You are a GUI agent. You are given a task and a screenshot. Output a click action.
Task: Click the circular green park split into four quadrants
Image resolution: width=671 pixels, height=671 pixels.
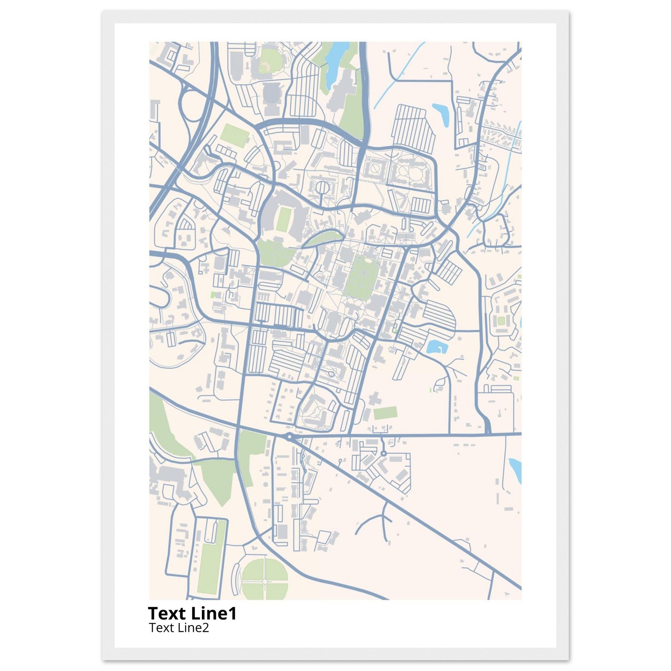pos(265,581)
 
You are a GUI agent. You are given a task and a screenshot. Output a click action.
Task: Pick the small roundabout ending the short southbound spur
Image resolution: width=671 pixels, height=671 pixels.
pos(383,453)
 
